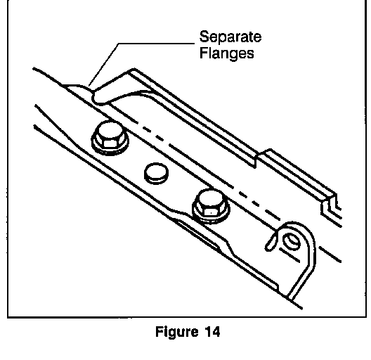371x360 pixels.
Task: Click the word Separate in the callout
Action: (x=230, y=37)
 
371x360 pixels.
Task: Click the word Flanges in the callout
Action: (x=227, y=53)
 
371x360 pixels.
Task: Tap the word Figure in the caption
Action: (x=177, y=332)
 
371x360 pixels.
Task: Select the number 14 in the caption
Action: (x=212, y=331)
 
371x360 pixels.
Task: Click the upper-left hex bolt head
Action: (x=110, y=134)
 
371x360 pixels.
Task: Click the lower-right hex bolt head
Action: (x=211, y=202)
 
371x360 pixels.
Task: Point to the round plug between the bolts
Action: (x=157, y=173)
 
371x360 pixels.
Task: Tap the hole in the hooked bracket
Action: (x=292, y=242)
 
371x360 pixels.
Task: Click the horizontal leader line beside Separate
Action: (x=157, y=44)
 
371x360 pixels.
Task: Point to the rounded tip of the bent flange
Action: (x=95, y=97)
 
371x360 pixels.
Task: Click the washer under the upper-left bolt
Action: (x=110, y=144)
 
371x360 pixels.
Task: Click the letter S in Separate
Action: (x=204, y=37)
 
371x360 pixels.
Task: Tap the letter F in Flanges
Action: (x=204, y=53)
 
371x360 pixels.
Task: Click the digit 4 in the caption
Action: (x=215, y=331)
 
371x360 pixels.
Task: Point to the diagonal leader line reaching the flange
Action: (x=103, y=65)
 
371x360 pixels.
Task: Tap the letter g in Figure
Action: (x=172, y=334)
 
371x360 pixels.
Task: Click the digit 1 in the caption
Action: (x=207, y=331)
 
